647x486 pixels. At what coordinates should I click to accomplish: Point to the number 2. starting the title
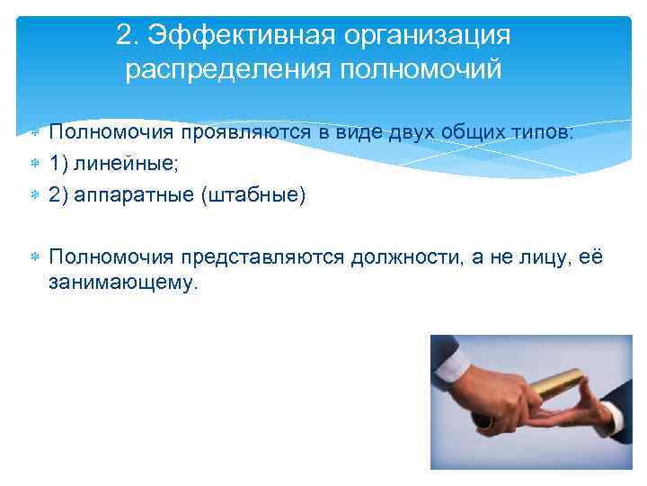point(129,36)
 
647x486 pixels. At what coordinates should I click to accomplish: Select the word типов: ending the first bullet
point(542,133)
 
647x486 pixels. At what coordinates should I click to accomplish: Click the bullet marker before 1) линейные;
point(33,165)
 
